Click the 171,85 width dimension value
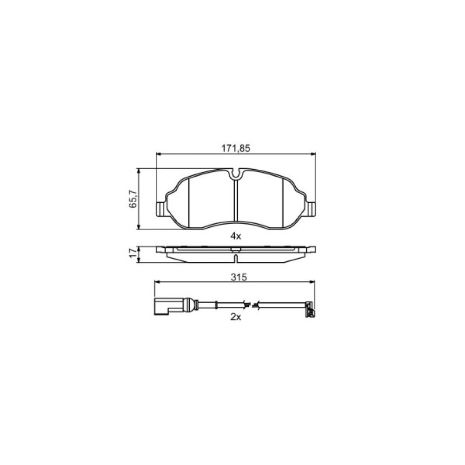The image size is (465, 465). click(x=236, y=148)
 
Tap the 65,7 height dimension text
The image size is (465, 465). click(x=133, y=199)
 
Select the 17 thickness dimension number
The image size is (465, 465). click(x=133, y=252)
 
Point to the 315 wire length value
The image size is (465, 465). click(x=239, y=277)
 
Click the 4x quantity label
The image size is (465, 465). click(x=236, y=236)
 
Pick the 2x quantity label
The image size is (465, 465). click(x=236, y=317)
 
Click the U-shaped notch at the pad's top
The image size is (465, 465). click(x=236, y=175)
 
